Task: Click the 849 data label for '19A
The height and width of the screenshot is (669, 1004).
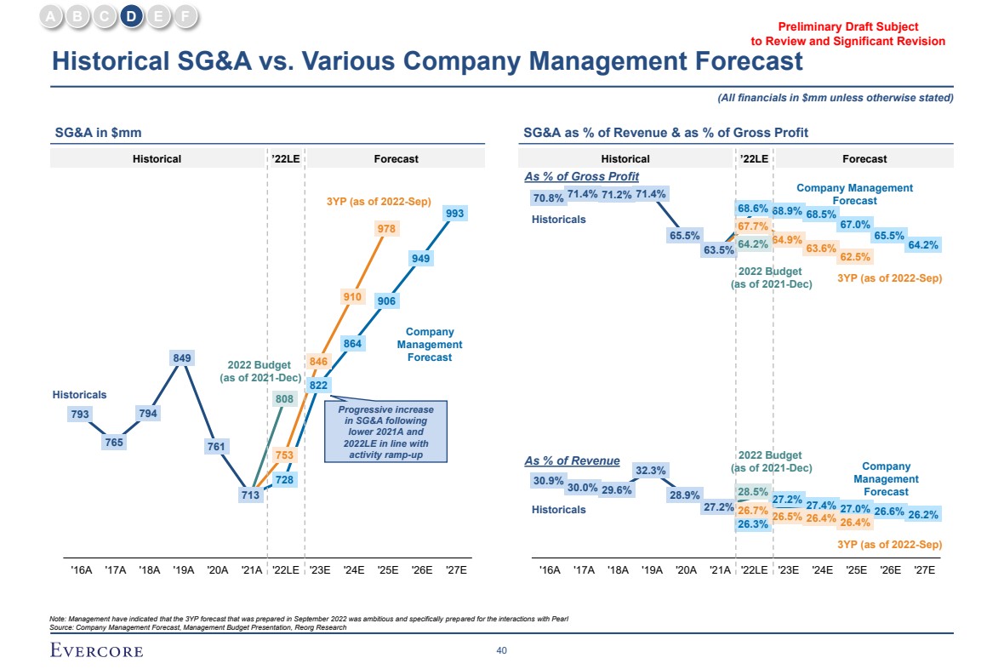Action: click(x=181, y=358)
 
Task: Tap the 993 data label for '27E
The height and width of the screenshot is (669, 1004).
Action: click(x=454, y=214)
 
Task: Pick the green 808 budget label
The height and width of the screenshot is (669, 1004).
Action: click(x=284, y=397)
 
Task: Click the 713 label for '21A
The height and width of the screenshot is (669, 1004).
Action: click(x=250, y=495)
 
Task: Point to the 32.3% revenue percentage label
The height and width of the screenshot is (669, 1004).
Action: click(x=650, y=470)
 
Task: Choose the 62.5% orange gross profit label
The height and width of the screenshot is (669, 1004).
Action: click(x=854, y=256)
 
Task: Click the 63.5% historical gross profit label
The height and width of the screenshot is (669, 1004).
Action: click(x=719, y=250)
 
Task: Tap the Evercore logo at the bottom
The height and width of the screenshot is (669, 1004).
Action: click(x=96, y=651)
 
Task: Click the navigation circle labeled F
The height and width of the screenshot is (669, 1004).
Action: click(x=185, y=15)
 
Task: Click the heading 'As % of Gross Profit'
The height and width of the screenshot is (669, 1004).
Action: click(x=582, y=176)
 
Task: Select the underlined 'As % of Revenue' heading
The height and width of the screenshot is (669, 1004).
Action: click(x=572, y=460)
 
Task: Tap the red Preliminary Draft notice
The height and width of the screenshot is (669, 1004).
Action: click(x=847, y=34)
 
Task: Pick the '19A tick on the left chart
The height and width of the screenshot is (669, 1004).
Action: click(x=183, y=570)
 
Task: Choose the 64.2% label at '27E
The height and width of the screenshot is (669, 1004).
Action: click(x=923, y=245)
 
